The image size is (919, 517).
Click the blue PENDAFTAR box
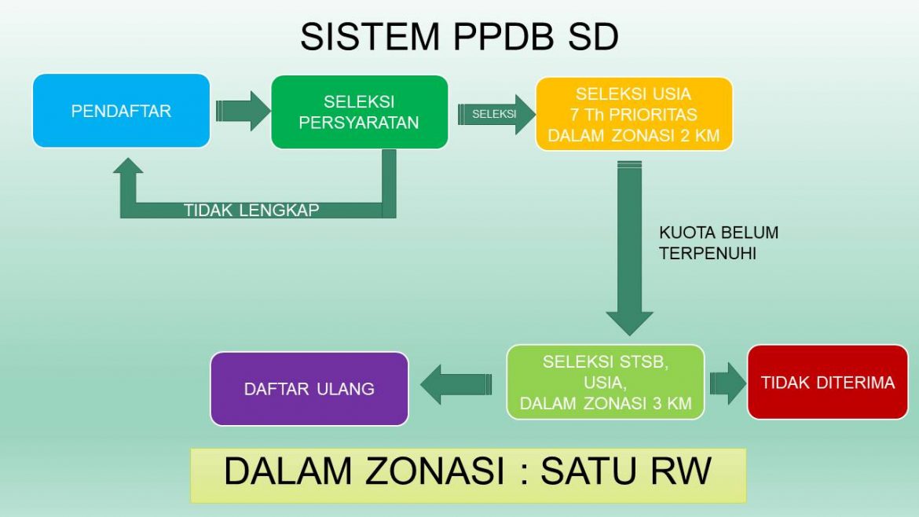121,111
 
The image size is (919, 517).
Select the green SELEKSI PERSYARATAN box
359,112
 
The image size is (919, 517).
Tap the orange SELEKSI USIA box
634,114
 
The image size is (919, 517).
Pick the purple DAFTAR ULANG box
309,389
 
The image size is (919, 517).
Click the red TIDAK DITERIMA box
828,382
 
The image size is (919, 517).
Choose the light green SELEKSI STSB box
606,382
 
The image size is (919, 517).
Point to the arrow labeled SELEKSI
496,114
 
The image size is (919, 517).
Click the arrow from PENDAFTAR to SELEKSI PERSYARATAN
243,111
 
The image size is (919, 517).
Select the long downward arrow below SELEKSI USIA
629,248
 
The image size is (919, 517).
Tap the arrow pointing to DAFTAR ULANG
456,384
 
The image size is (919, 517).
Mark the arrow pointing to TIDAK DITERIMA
728,383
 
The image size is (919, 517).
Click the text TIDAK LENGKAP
251,210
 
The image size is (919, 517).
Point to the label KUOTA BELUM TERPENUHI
719,243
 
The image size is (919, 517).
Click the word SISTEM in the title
370,36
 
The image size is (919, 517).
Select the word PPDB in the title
503,36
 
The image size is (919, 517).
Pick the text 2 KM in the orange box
700,135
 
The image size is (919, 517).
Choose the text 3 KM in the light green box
672,403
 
